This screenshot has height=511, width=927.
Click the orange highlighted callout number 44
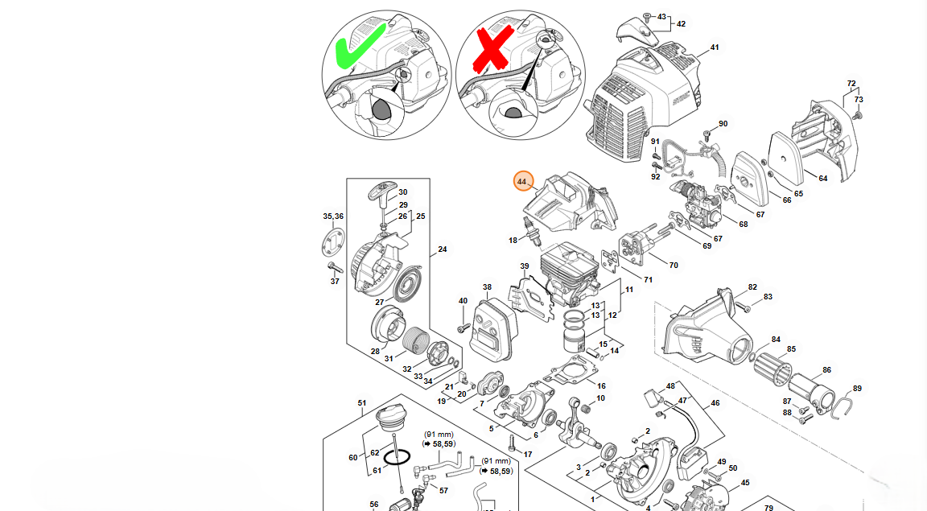pyautogui.click(x=522, y=182)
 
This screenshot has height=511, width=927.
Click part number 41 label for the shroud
pyautogui.click(x=714, y=47)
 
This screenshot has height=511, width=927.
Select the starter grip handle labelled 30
pyautogui.click(x=385, y=193)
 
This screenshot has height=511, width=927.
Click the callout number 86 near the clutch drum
pyautogui.click(x=826, y=371)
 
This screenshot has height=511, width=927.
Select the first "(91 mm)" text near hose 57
pyautogui.click(x=439, y=435)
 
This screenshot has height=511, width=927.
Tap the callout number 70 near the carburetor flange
pyautogui.click(x=674, y=264)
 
